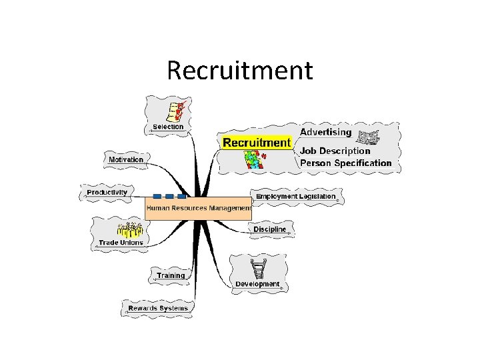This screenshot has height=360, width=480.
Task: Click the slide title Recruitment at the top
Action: tap(239, 70)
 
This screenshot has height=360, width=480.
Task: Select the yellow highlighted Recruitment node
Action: tap(257, 142)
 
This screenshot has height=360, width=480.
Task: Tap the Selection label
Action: tap(168, 127)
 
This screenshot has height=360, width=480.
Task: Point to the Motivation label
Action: tap(126, 159)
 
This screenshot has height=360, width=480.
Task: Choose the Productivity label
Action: tap(107, 193)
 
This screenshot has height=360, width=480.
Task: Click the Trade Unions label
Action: tap(121, 243)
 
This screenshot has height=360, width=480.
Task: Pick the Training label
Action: tap(171, 275)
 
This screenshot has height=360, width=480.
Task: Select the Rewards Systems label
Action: tap(158, 308)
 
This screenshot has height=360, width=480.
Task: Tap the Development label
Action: tap(257, 284)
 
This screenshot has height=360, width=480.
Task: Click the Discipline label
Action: tap(270, 229)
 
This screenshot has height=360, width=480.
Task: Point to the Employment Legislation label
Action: tap(296, 197)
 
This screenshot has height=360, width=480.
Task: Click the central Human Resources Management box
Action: tap(198, 208)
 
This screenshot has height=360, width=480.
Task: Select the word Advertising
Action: tap(325, 132)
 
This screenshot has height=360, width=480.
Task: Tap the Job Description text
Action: tap(335, 151)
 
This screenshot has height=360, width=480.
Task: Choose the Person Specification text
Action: tap(345, 163)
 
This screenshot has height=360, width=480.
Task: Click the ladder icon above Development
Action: tap(258, 269)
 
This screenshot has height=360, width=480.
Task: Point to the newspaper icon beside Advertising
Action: tap(367, 138)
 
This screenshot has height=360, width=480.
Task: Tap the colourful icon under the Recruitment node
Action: tap(255, 159)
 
